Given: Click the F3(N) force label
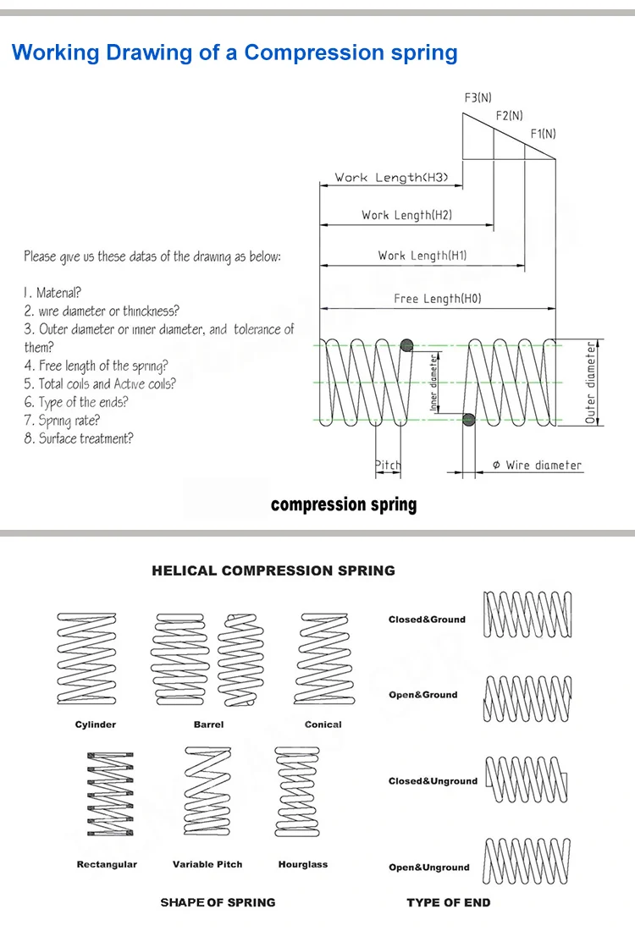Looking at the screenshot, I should [x=478, y=98].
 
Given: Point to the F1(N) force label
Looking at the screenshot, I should [x=543, y=134].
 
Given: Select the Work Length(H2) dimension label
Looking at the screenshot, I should [x=406, y=215].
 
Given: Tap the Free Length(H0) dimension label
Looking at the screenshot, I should [x=439, y=299].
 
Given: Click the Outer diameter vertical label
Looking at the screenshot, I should [x=591, y=383].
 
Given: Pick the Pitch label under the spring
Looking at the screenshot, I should [x=388, y=465].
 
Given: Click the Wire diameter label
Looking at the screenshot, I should [x=538, y=465].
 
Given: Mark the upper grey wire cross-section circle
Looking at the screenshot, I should [x=406, y=344].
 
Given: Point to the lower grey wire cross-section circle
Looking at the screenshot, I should [x=468, y=418].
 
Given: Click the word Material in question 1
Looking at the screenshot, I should [x=58, y=293].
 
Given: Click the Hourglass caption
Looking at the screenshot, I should [x=302, y=864].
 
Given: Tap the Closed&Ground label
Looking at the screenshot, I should [x=427, y=620].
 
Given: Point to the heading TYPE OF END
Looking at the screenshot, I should [x=448, y=902].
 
